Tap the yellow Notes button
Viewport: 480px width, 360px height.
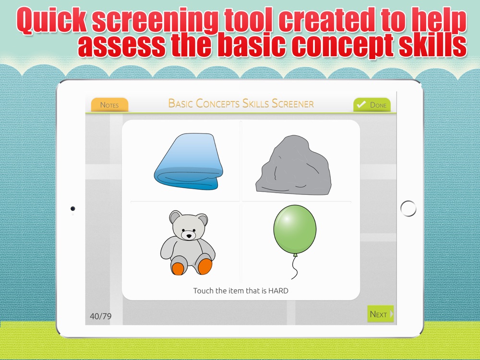tap(109, 105)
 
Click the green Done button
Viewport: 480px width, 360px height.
tap(372, 105)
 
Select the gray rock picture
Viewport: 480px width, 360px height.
tap(294, 165)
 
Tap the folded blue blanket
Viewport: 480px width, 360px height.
tap(189, 161)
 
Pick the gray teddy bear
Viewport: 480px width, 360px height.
tap(187, 242)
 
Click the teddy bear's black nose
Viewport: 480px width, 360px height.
tap(189, 236)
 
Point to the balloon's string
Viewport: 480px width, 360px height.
tap(295, 267)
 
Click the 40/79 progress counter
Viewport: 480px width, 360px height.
tap(100, 316)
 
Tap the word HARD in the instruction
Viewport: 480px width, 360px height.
tap(278, 290)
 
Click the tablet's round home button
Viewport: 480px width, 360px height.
tap(408, 208)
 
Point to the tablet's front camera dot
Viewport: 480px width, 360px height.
tap(73, 208)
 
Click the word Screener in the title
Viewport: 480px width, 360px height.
tap(293, 104)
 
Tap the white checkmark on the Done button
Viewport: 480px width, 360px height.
tap(361, 104)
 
